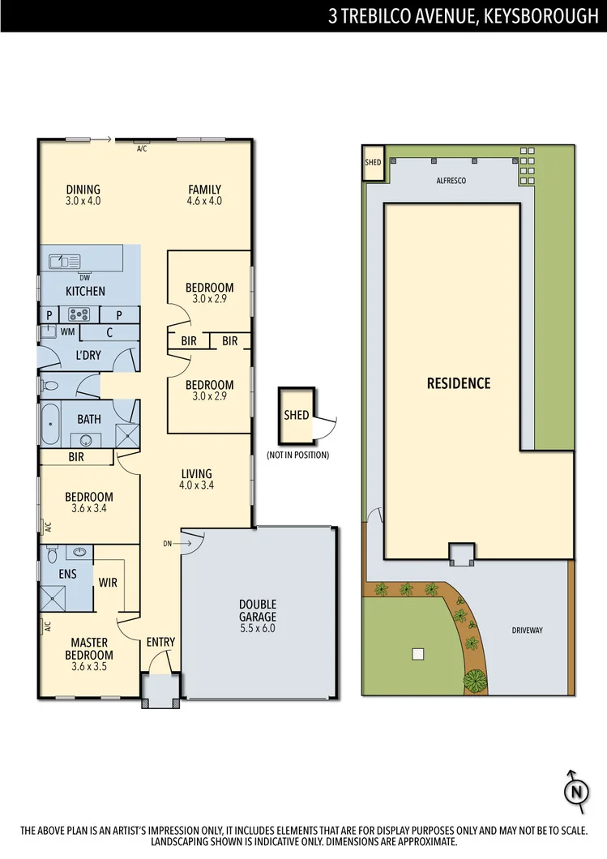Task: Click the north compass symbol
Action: pos(575,790)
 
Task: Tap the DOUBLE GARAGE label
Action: pos(258,605)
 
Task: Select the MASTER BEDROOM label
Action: pos(89,649)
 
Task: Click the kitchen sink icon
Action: pos(64,261)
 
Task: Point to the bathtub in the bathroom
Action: pos(51,424)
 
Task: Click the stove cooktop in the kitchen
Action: pos(79,314)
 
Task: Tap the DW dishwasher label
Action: pos(85,278)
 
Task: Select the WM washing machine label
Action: pos(68,332)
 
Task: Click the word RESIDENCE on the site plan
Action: pos(459,383)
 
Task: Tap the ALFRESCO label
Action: pos(451,182)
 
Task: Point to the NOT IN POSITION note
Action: pos(297,455)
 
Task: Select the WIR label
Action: pos(108,582)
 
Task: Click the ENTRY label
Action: pos(160,643)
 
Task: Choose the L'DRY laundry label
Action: pos(88,357)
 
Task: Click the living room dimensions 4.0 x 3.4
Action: pos(196,486)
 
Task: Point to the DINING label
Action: pos(83,190)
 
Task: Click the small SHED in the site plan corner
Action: pos(373,162)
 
